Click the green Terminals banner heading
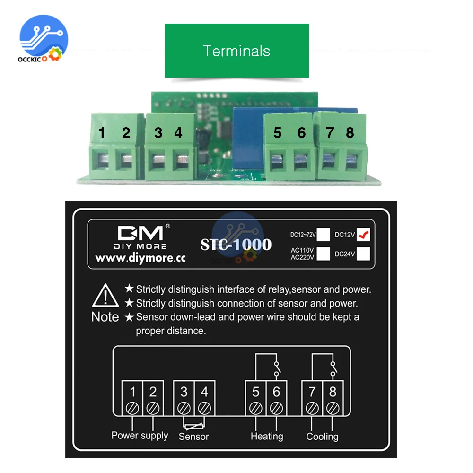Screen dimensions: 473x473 236,51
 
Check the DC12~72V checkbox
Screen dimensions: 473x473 324,234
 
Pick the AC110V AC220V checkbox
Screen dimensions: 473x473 324,254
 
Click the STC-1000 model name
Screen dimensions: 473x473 236,244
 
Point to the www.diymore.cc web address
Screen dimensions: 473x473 140,258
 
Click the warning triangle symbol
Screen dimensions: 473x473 105,297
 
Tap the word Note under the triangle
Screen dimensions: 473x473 105,317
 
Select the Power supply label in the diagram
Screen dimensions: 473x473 140,435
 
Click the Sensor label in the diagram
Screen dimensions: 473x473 193,437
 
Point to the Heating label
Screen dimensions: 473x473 267,437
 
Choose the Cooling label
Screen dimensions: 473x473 322,437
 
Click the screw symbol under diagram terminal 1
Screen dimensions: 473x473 133,407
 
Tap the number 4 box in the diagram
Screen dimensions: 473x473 204,392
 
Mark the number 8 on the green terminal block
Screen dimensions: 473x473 350,133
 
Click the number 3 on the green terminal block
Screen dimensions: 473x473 158,133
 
